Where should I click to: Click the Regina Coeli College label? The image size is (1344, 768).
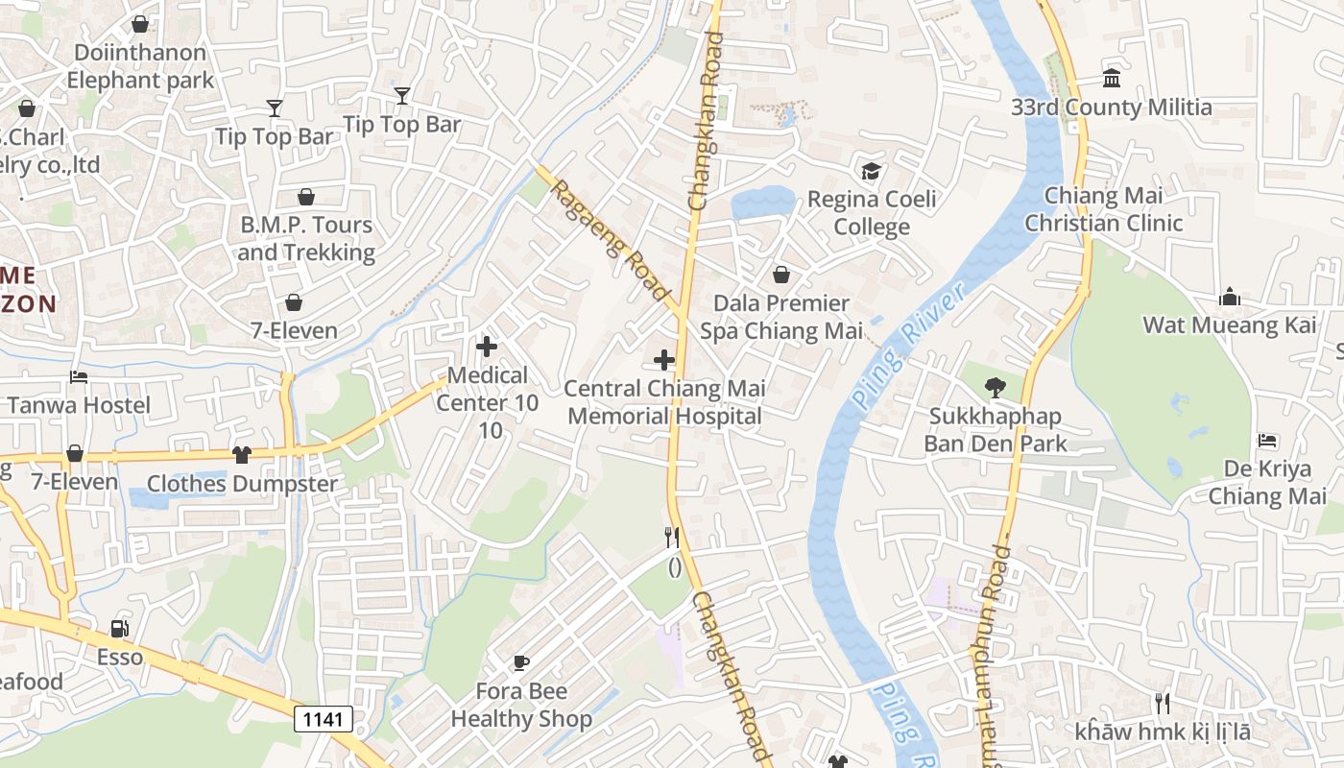click(x=872, y=213)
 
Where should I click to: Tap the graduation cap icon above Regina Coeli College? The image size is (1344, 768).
click(x=871, y=171)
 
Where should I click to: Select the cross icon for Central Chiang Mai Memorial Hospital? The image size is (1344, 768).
click(x=663, y=360)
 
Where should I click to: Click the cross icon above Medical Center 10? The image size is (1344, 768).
click(x=487, y=347)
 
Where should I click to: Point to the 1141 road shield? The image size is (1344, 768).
click(x=323, y=718)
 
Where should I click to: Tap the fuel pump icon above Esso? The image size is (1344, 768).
click(x=119, y=629)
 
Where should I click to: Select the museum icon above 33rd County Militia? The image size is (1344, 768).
click(x=1112, y=78)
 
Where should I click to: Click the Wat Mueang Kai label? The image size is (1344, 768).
click(x=1229, y=325)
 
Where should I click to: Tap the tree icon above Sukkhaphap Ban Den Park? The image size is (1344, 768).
click(x=996, y=388)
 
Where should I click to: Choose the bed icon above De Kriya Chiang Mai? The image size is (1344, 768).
click(x=1267, y=441)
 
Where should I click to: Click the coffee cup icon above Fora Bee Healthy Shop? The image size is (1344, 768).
click(x=520, y=662)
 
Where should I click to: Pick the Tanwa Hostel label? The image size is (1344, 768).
click(x=79, y=405)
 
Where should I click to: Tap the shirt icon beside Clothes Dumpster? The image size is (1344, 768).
click(x=242, y=454)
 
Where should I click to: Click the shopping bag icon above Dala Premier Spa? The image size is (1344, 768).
click(x=781, y=275)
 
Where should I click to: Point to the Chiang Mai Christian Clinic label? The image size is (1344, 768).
click(x=1103, y=209)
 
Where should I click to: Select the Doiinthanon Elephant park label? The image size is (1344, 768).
click(x=140, y=66)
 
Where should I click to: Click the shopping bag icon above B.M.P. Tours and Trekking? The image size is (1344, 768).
click(x=305, y=197)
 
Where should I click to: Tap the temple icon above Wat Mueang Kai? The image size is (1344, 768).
click(x=1230, y=298)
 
